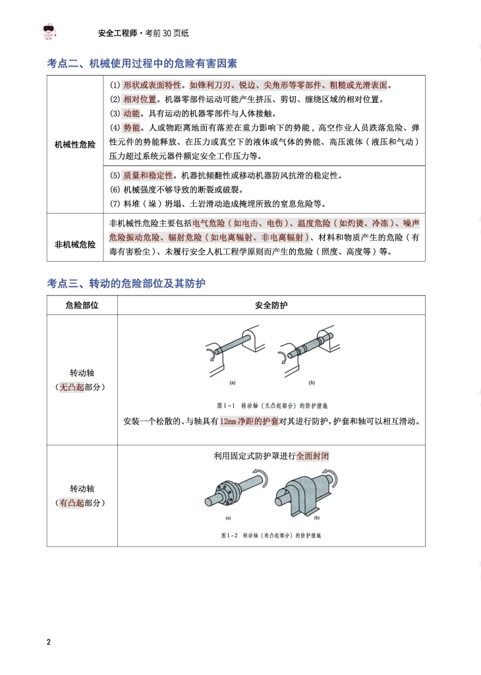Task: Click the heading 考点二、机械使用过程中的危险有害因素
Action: pyautogui.click(x=142, y=64)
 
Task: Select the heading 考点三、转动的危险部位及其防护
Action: pyautogui.click(x=127, y=283)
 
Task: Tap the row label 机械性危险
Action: pyautogui.click(x=74, y=144)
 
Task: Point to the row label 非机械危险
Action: pyautogui.click(x=74, y=244)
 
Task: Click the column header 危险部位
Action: pyautogui.click(x=82, y=305)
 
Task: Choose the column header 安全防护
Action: pyautogui.click(x=271, y=305)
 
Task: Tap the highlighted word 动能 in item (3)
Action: pyautogui.click(x=131, y=113)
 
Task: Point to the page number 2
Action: pyautogui.click(x=49, y=642)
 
